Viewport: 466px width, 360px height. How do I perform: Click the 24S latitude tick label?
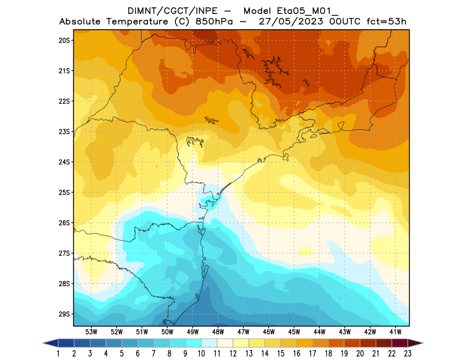pos(64,162)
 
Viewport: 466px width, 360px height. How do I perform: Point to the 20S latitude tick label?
pos(64,40)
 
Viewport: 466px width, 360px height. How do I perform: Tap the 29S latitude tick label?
pos(64,314)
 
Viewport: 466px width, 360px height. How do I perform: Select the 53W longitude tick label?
pos(91,331)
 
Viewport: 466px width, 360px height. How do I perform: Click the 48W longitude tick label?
pos(218,331)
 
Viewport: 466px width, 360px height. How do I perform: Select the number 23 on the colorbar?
pos(408,353)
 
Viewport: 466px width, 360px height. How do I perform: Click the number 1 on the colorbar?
pos(59,353)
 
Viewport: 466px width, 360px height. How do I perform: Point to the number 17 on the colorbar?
pos(313,353)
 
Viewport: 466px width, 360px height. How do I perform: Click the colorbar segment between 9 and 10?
pos(193,343)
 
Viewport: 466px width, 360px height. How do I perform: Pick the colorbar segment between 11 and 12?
pos(225,343)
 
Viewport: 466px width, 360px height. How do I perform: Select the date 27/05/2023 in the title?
pos(288,22)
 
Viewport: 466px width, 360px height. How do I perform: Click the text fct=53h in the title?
pos(385,22)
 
